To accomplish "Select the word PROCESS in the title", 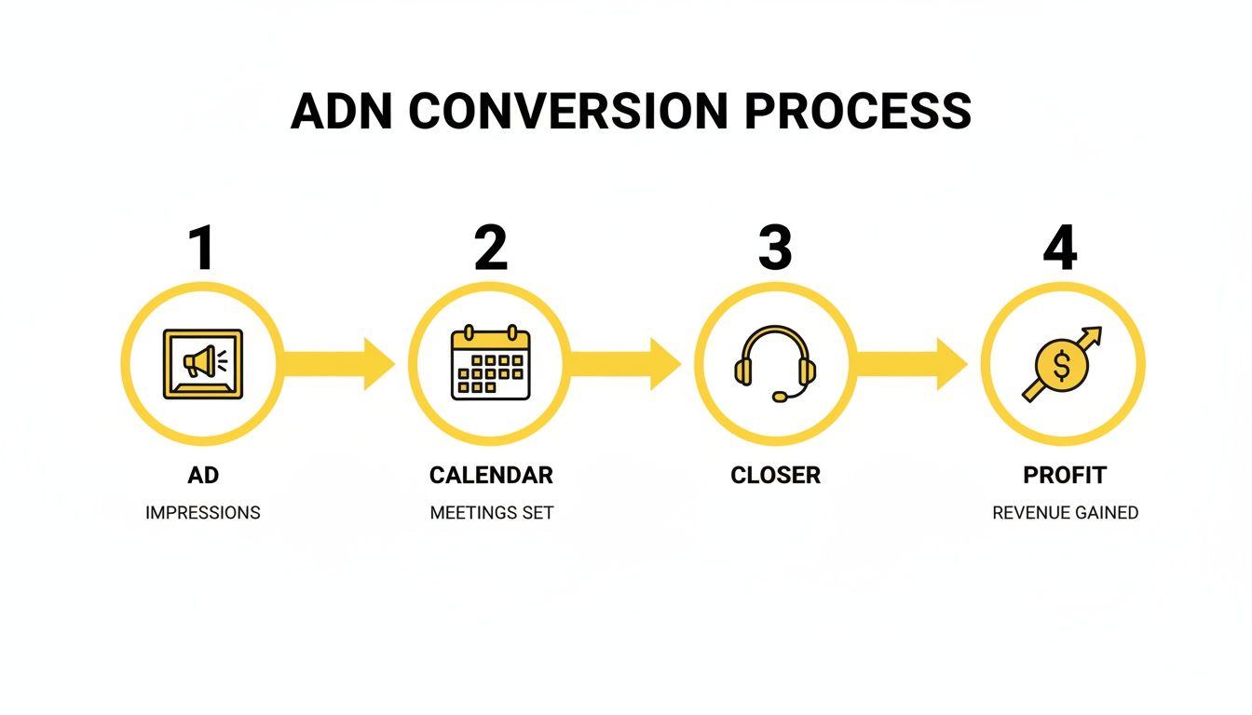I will point(858,112).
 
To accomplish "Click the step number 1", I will point(202,249).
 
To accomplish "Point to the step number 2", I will point(491,249).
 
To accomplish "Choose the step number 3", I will point(775,249).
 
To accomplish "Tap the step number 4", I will point(1060,249).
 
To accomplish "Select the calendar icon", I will point(490,363).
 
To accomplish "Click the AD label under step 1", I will point(202,475).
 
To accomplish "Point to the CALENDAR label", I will point(491,475).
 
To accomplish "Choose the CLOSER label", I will point(775,475).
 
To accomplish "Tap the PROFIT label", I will point(1065,475).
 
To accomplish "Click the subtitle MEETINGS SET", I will point(492,513).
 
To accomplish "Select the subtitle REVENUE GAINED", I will point(1065,513).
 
